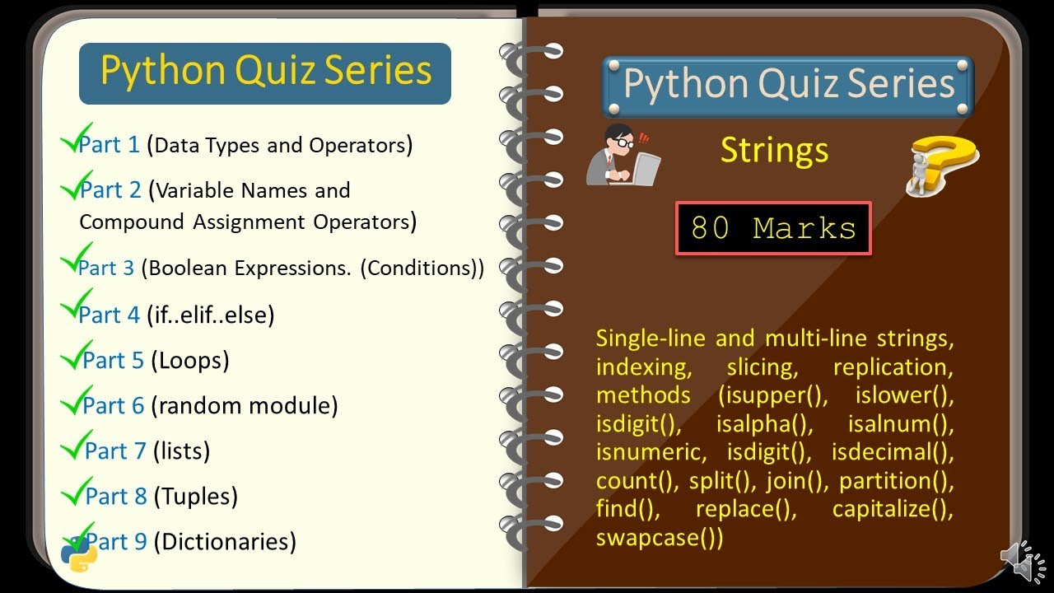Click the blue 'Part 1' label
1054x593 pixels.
(x=110, y=145)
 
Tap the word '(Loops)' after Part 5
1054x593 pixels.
(x=189, y=360)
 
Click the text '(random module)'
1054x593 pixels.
(x=245, y=405)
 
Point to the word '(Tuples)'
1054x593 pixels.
(x=196, y=496)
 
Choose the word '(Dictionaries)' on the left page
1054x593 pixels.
(x=225, y=541)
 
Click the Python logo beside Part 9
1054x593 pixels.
(x=79, y=554)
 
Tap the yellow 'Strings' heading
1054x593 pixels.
(x=774, y=150)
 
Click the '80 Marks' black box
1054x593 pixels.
(x=773, y=228)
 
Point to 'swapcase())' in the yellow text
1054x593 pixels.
(x=660, y=538)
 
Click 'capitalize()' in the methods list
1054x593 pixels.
(x=893, y=509)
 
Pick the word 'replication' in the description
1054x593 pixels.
(x=893, y=367)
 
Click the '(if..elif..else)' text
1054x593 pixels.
(x=210, y=315)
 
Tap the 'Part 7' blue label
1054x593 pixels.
(x=116, y=451)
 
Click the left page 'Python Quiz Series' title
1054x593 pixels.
(x=265, y=72)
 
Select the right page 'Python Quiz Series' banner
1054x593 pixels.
(x=788, y=84)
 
